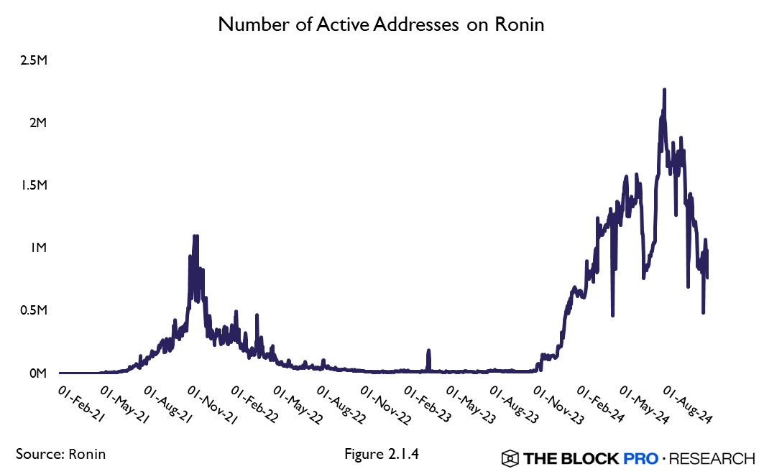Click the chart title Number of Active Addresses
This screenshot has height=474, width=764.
pos(382,24)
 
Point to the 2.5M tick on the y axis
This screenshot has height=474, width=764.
pos(34,60)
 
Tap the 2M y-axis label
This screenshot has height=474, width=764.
pos(37,122)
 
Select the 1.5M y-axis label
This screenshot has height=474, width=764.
pos(34,185)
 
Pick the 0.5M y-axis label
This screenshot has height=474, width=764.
pos(34,310)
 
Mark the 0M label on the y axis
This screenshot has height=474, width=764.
pos(37,373)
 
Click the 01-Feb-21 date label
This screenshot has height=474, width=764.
pos(80,404)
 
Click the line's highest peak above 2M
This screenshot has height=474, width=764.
pos(664,90)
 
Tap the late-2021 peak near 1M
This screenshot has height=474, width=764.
pos(195,236)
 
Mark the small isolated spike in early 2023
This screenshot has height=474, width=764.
pos(428,351)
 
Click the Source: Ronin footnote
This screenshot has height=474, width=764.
pos(60,454)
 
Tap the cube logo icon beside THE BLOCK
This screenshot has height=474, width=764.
pos(510,457)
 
